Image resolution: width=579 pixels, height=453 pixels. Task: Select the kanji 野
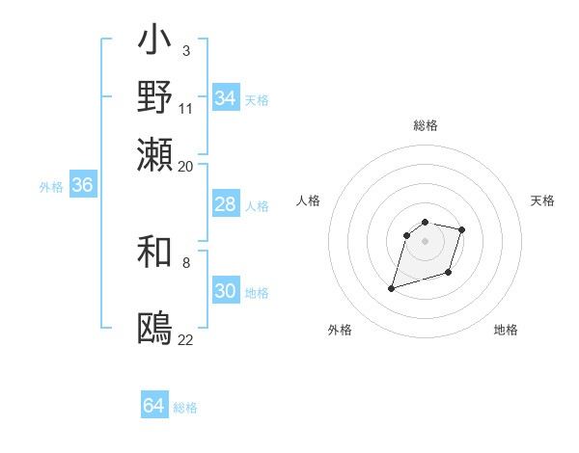click(155, 97)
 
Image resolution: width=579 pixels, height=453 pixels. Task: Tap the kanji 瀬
click(155, 154)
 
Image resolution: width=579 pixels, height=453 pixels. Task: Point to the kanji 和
click(155, 253)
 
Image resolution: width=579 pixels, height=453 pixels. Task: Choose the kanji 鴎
click(155, 329)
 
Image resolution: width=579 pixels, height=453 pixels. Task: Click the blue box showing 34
click(225, 98)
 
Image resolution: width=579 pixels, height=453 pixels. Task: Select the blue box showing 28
click(225, 204)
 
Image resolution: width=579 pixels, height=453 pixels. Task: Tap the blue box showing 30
click(225, 291)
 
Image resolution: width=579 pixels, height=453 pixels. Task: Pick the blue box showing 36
click(82, 185)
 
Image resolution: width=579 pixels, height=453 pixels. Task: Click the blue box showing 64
click(153, 406)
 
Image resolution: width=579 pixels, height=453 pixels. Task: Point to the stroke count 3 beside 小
click(185, 50)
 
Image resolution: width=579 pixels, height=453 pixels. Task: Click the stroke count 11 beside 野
click(185, 107)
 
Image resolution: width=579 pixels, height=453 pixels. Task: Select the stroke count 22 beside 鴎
click(185, 339)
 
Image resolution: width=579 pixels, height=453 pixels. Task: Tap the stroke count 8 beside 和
click(185, 262)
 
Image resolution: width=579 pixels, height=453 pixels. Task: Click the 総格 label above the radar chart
click(426, 125)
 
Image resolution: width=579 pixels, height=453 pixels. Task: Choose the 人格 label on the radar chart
click(309, 200)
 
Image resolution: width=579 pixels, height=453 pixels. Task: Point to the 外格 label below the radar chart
click(340, 331)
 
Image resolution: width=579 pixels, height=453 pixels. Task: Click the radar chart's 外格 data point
click(392, 287)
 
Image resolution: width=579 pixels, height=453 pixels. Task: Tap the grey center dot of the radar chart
click(425, 240)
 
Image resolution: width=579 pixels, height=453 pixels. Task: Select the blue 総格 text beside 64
click(185, 408)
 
